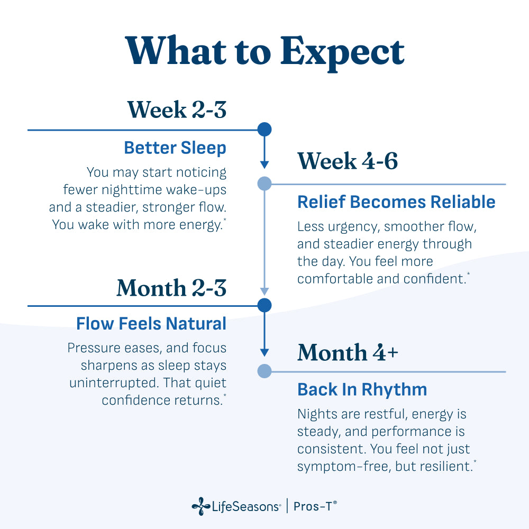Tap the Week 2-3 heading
(x=177, y=110)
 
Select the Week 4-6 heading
(x=348, y=161)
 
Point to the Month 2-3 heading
(x=171, y=288)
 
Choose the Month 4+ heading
(x=348, y=352)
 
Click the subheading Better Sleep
(x=175, y=148)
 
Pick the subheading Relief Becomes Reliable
(x=396, y=202)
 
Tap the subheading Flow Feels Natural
(x=151, y=324)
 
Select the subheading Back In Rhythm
(x=362, y=390)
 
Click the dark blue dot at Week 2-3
(x=264, y=129)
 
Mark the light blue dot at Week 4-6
(x=264, y=184)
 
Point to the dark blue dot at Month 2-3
(x=264, y=305)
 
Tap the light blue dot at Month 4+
(x=264, y=371)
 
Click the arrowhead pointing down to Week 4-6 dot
(x=264, y=165)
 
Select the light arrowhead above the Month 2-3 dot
(x=264, y=291)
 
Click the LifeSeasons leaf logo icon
(x=201, y=506)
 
